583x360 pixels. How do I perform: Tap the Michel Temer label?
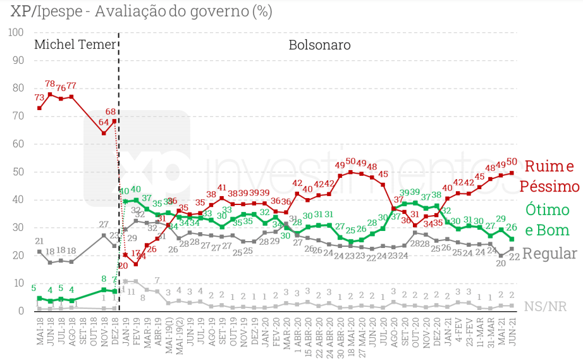[75, 45]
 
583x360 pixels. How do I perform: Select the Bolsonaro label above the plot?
[319, 45]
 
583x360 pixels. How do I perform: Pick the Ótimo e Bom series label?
[548, 219]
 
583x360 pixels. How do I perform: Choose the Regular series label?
[549, 254]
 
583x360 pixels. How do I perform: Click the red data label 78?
[50, 84]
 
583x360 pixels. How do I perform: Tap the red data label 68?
[111, 111]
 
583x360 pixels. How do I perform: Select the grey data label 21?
[39, 241]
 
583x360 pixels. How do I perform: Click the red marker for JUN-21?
[512, 173]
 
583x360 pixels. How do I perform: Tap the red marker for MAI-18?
[39, 108]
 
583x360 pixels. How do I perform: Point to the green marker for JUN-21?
[512, 239]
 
